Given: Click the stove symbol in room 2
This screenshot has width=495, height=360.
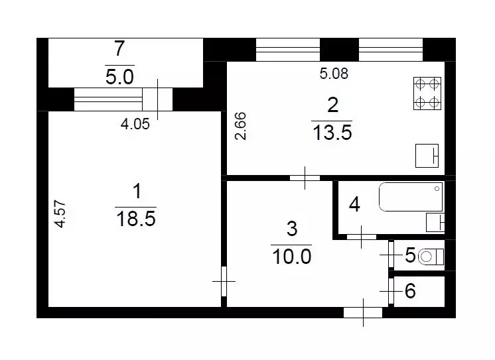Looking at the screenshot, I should pyautogui.click(x=427, y=93).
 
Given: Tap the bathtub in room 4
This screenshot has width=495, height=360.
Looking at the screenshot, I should pyautogui.click(x=411, y=197).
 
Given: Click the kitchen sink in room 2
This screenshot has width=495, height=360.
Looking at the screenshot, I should pyautogui.click(x=427, y=156).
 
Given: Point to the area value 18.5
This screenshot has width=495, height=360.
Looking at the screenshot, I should pyautogui.click(x=136, y=219).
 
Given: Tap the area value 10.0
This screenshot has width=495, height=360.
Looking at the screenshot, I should pyautogui.click(x=291, y=255).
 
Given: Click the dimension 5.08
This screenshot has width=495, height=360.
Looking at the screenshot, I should pyautogui.click(x=334, y=74).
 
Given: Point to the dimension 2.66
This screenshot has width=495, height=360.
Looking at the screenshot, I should pyautogui.click(x=242, y=125).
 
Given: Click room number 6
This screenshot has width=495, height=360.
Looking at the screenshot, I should pyautogui.click(x=410, y=291).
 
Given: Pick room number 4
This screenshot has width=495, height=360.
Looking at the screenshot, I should pyautogui.click(x=354, y=205).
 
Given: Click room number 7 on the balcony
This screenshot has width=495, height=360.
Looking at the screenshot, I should pyautogui.click(x=119, y=48).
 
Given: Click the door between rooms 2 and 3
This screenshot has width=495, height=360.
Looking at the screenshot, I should pyautogui.click(x=305, y=178).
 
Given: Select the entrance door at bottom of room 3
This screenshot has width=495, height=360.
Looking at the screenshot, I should pyautogui.click(x=364, y=312).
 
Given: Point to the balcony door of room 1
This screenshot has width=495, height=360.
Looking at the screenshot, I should pyautogui.click(x=158, y=99).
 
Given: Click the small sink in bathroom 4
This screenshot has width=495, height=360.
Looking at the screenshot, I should pyautogui.click(x=435, y=222).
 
